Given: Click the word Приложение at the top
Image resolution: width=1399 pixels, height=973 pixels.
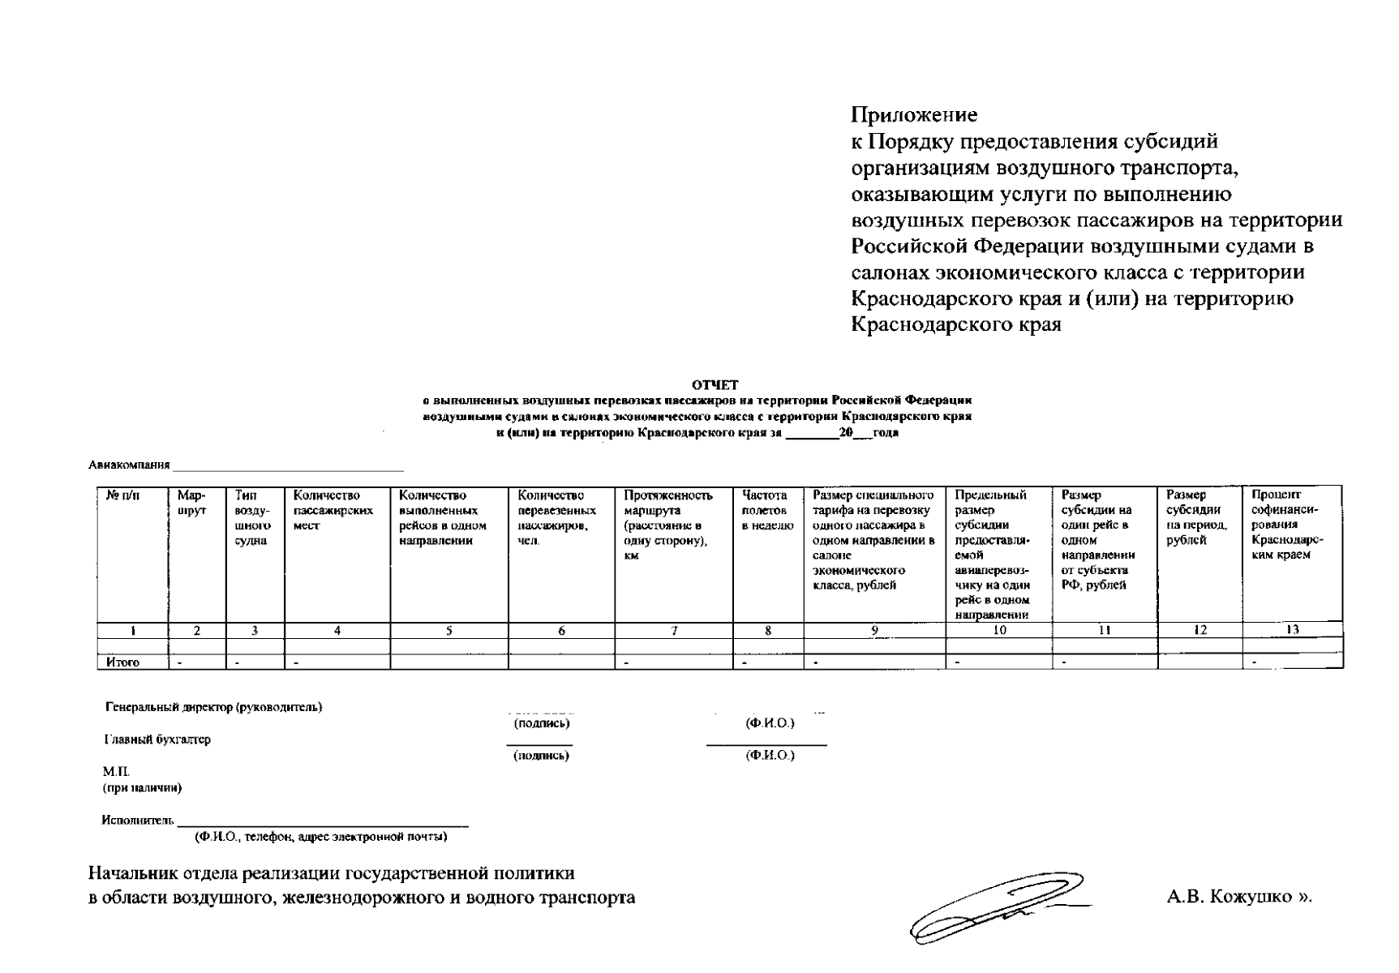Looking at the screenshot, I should click(x=914, y=115).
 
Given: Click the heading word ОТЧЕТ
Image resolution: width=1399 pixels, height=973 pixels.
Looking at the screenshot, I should click(x=715, y=385).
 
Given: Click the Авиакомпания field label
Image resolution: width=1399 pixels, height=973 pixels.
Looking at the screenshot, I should click(x=129, y=465).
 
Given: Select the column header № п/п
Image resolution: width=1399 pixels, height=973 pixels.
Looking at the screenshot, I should click(x=122, y=495).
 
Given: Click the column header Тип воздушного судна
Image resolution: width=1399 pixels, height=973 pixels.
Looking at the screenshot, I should click(x=253, y=517).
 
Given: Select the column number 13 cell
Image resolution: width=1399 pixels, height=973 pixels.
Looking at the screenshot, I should click(x=1292, y=630).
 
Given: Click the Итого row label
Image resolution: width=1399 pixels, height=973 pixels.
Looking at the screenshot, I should click(x=122, y=662).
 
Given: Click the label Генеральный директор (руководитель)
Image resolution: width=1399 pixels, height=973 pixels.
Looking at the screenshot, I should click(x=213, y=707).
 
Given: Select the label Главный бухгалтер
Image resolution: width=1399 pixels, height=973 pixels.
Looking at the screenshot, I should click(x=157, y=739).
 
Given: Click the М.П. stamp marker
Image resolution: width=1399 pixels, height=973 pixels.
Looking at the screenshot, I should click(x=115, y=771).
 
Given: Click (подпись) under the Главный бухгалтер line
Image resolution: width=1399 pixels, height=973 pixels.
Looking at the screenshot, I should click(x=541, y=756).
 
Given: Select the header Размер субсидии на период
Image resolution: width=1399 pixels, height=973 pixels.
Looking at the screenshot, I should click(x=1197, y=517).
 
